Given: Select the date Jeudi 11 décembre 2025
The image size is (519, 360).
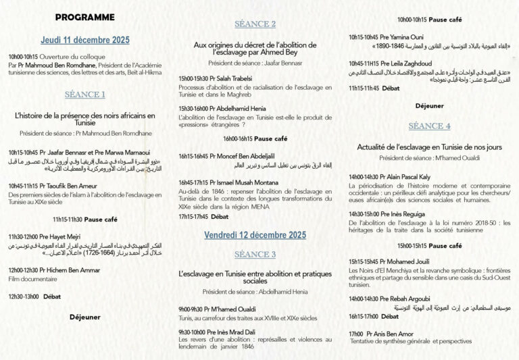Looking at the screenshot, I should (85, 39).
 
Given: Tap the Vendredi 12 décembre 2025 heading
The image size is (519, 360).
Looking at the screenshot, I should (255, 235).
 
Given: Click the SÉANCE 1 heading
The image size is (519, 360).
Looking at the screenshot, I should (85, 95).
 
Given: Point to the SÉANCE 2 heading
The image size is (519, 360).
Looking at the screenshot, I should (255, 24).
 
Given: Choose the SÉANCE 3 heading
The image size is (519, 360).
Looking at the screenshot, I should (255, 255).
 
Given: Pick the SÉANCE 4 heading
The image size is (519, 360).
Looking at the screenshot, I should (429, 126).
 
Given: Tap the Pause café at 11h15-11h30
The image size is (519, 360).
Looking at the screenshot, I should (101, 219).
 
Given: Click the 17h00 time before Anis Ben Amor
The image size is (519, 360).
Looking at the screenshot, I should (356, 334).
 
